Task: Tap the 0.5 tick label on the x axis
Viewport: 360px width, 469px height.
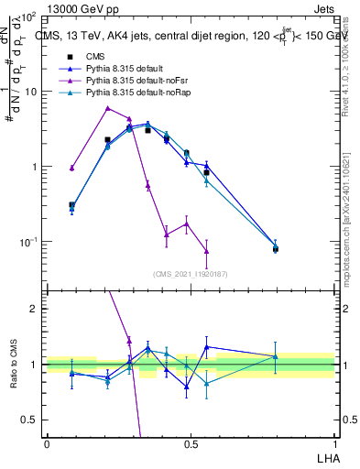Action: (191, 444)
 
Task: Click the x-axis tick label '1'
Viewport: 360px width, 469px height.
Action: (334, 444)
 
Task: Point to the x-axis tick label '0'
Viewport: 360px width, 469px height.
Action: (47, 444)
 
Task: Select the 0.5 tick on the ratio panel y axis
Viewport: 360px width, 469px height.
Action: (29, 420)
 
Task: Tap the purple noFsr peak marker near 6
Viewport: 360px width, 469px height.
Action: (108, 108)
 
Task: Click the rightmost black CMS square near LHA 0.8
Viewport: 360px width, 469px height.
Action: (276, 248)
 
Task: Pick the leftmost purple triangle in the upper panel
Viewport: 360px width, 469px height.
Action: (71, 168)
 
